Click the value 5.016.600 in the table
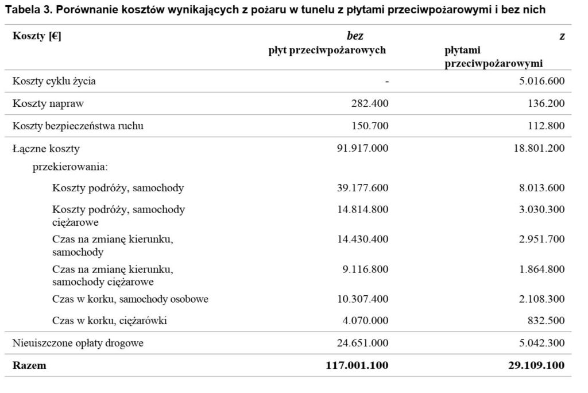(x=541, y=81)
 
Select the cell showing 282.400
(x=370, y=103)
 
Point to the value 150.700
(x=370, y=126)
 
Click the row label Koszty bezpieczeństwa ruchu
(x=78, y=126)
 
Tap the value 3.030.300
(x=541, y=209)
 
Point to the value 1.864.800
(x=541, y=269)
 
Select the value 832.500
(x=546, y=321)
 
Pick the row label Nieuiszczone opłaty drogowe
(x=78, y=344)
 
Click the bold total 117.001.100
(x=359, y=365)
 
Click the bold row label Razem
(x=29, y=365)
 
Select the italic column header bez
(x=355, y=37)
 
